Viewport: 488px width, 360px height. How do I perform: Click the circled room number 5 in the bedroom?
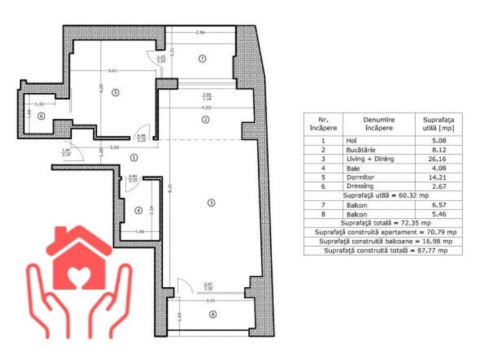[x=115, y=92]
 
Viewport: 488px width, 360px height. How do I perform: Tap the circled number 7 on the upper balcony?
[x=202, y=59]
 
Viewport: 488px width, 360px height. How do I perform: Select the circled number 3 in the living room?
[x=211, y=203]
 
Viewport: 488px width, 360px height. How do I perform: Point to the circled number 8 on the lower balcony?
[x=212, y=313]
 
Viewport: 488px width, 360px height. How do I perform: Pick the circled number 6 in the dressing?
[x=40, y=116]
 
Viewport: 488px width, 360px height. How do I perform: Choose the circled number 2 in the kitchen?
[x=205, y=120]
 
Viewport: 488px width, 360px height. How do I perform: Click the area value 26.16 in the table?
[x=438, y=159]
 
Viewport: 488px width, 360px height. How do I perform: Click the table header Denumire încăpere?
[x=379, y=123]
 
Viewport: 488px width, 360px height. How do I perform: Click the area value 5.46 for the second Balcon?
[x=438, y=214]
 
